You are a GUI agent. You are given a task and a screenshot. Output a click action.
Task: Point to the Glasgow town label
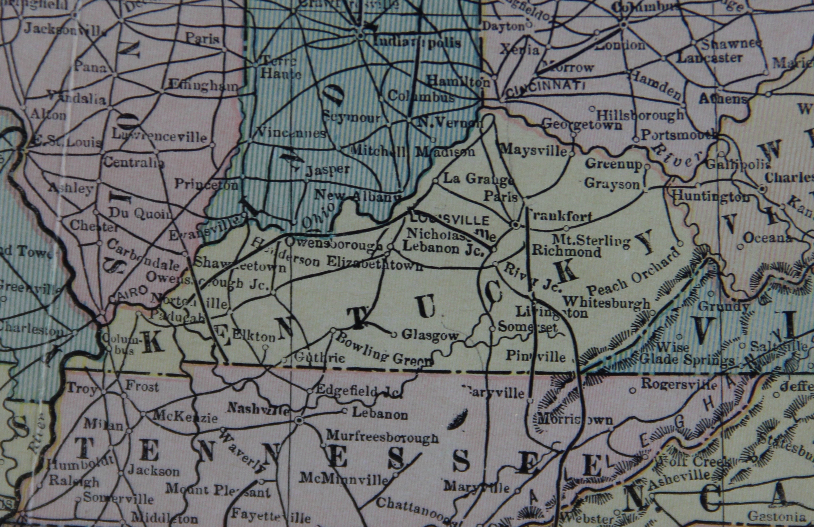pyautogui.click(x=430, y=335)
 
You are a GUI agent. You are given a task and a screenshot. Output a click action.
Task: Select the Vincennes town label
pyautogui.click(x=292, y=133)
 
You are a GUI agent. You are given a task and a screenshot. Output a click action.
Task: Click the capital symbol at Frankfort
pyautogui.click(x=515, y=225)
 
